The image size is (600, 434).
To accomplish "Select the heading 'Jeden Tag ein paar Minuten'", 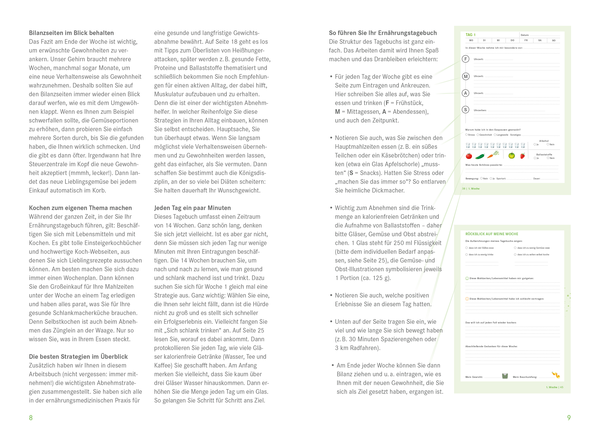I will click(x=192, y=208).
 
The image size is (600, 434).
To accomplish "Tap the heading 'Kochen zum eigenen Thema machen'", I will click(x=80, y=208).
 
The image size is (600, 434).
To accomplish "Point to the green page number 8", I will click(x=31, y=418).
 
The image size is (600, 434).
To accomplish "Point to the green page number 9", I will click(x=569, y=418).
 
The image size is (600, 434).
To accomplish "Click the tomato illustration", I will click(x=469, y=156).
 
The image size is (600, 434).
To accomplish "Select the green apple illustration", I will click(x=512, y=156).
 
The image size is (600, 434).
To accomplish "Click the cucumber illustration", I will click(x=480, y=156).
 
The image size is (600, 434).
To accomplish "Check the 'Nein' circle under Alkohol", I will click(x=548, y=144).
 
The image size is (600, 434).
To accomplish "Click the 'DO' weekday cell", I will click(x=512, y=40).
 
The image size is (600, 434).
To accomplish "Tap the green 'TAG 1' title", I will click(x=470, y=35).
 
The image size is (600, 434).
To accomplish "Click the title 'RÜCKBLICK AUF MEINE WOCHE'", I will click(x=492, y=234).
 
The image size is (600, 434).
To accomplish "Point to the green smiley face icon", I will click(x=467, y=278).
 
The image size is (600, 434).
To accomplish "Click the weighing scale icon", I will click(x=505, y=376).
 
